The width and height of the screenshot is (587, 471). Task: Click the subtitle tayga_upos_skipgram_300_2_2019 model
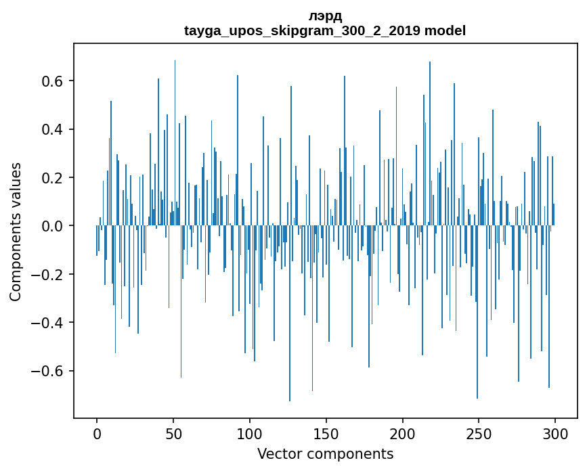coord(325,31)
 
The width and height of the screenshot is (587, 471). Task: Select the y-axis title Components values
coord(16,231)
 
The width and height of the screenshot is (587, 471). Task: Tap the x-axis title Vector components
coord(325,453)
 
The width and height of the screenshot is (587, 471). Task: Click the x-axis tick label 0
coord(97,432)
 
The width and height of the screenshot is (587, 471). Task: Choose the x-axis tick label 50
coord(173,432)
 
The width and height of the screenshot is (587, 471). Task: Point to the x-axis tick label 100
coord(250,432)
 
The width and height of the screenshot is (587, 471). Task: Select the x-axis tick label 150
coord(326,432)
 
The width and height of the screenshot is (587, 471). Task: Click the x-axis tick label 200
coord(402,432)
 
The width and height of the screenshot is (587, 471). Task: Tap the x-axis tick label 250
coord(479,432)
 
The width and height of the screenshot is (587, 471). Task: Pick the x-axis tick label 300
coord(555,432)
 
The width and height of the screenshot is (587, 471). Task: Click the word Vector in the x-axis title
coord(278,453)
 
